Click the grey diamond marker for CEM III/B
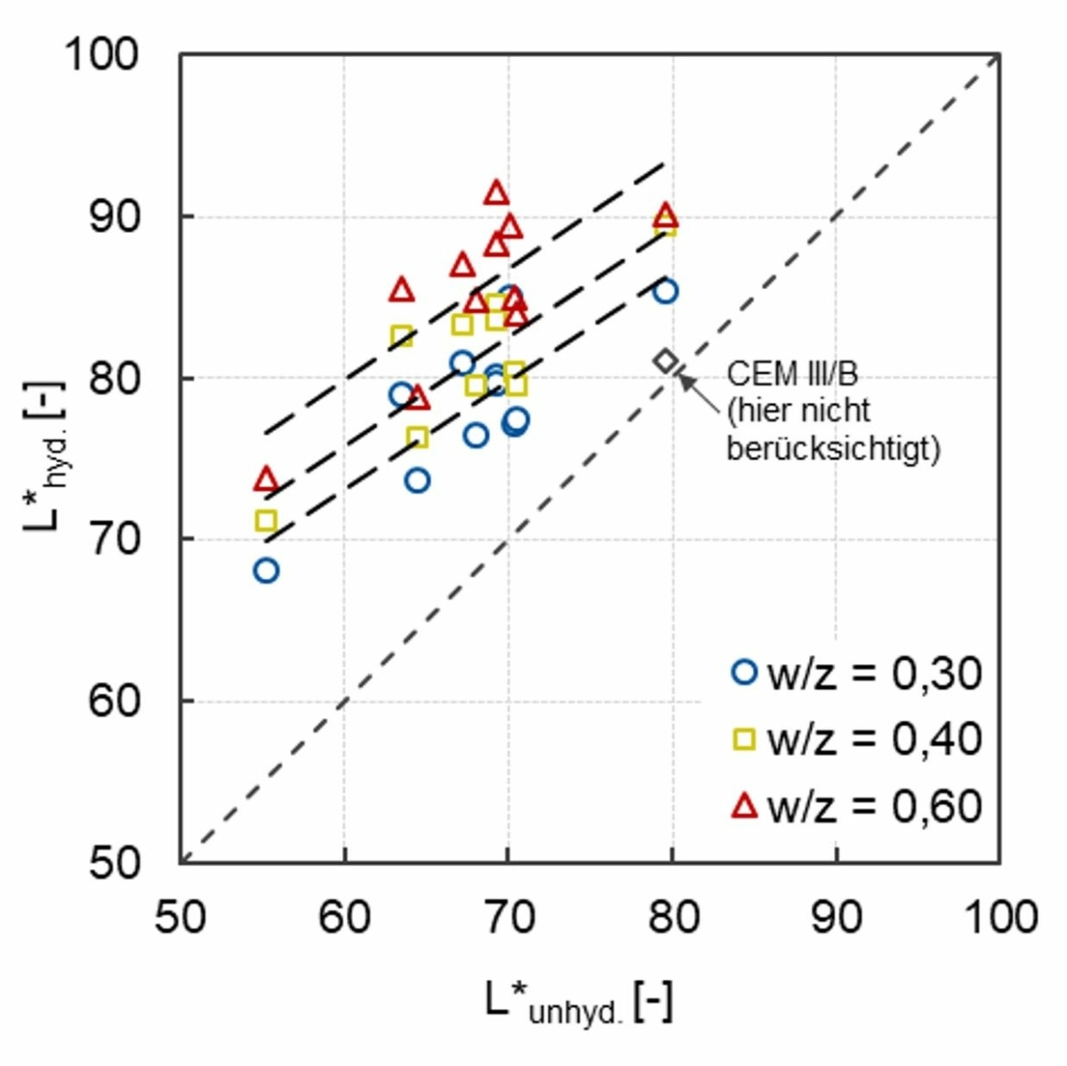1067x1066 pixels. [665, 361]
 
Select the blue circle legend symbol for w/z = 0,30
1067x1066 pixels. [743, 672]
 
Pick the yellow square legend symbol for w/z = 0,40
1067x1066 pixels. [743, 739]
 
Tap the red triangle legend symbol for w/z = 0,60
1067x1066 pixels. [743, 806]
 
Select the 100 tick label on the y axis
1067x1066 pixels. [101, 55]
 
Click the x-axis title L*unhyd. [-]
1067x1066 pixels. [579, 1005]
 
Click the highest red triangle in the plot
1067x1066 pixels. [496, 193]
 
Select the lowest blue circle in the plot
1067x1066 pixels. [266, 571]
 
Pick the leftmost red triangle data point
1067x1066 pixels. [266, 480]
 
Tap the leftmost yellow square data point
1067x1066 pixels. [266, 520]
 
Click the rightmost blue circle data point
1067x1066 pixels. [665, 292]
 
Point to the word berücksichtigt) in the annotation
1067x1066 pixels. [833, 449]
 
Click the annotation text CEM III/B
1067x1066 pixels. [792, 373]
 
